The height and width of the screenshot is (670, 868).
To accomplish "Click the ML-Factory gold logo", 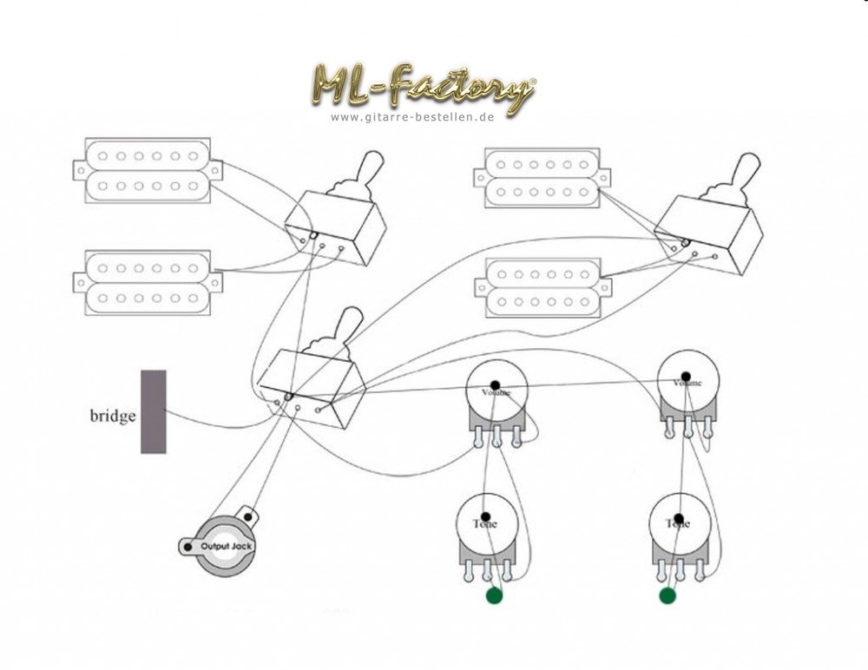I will point(423,87).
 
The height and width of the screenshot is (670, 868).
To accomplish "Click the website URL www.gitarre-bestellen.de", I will point(412,116).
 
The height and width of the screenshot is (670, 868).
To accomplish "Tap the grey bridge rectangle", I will point(154,411).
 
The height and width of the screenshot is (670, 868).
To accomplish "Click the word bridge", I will point(113,416).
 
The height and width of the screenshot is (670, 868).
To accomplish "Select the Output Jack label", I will point(227,546).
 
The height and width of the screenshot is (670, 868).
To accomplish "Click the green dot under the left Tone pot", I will point(495,596).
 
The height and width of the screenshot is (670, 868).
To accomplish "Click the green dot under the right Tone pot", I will point(667,595).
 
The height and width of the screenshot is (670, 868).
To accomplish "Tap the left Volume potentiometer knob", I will point(497,391).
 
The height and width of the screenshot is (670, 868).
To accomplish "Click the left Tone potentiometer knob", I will point(487,523).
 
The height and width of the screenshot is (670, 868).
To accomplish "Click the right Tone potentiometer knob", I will point(679,523).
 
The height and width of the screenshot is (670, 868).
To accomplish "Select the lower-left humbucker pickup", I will point(147,282).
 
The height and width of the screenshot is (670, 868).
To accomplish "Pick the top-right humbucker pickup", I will point(542,178).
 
